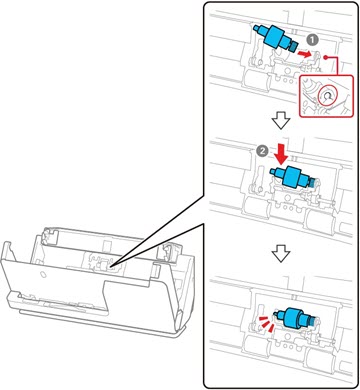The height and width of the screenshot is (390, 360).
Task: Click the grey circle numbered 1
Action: (312, 40)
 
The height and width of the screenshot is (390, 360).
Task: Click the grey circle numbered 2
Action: (263, 151)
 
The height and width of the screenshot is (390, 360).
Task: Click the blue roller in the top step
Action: (277, 39)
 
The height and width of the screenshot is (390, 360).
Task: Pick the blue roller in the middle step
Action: (292, 177)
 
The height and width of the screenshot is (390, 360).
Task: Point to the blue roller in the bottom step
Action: (293, 319)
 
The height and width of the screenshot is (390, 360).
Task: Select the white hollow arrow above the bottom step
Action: (281, 255)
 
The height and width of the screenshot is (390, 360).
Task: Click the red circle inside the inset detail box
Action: (326, 97)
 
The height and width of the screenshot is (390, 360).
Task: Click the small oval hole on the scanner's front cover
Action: (42, 274)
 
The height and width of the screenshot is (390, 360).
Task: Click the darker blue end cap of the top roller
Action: (295, 47)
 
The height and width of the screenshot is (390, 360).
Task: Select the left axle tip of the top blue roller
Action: (257, 28)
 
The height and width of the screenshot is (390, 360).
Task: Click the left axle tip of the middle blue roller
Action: (272, 172)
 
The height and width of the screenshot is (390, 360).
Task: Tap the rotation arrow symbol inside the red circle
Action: (327, 97)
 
